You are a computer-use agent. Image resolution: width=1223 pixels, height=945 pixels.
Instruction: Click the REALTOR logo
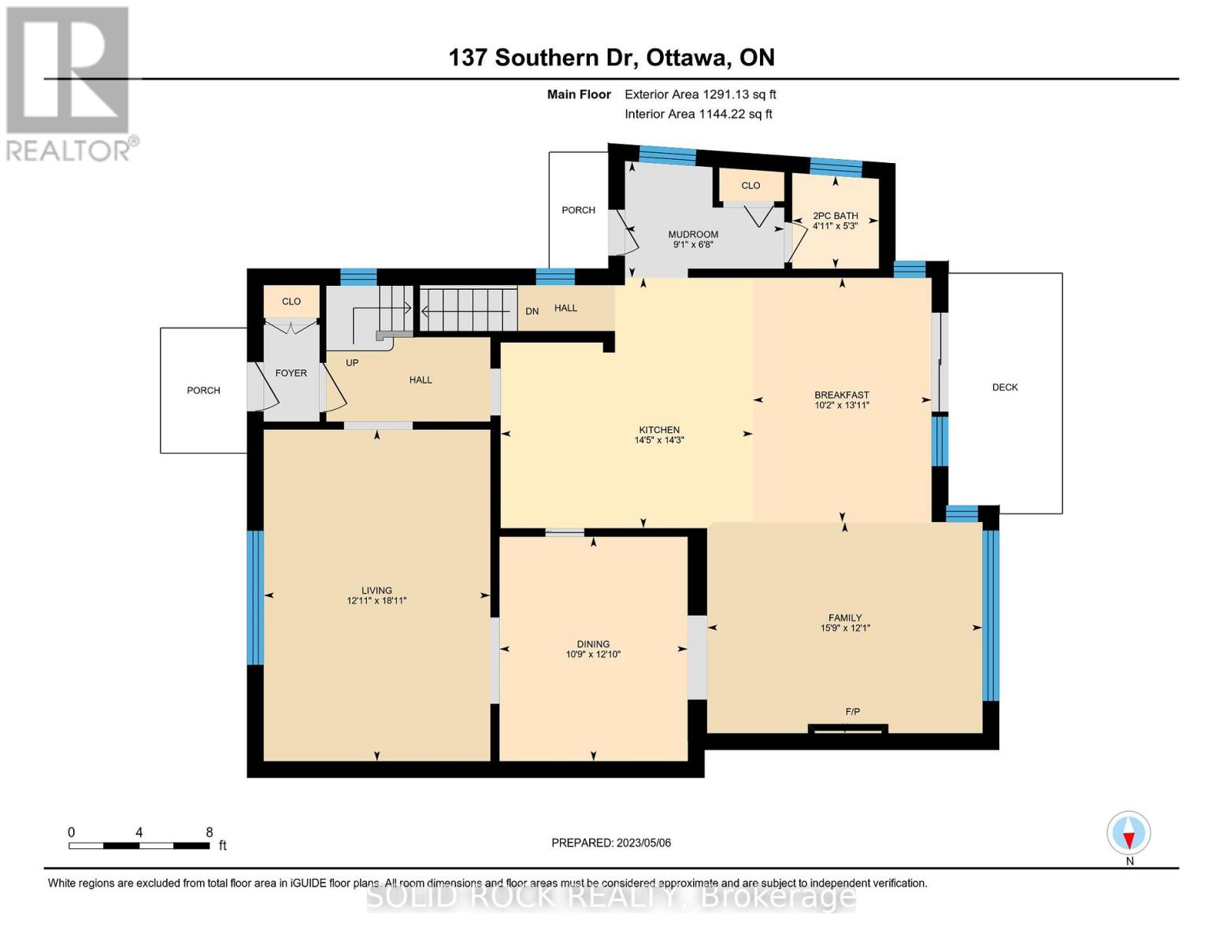coord(69,83)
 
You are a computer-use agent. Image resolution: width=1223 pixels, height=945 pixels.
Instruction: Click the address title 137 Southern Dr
coord(611,57)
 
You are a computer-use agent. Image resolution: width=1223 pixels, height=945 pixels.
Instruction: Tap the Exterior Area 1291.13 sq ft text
coord(700,94)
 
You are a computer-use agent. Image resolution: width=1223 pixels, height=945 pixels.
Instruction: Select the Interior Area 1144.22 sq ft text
coord(698,114)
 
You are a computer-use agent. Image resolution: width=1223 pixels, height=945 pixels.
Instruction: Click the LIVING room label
coord(376,591)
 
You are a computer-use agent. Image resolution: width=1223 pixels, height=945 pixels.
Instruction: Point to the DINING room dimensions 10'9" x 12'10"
coord(593,654)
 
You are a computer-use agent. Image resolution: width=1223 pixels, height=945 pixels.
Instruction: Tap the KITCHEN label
coord(659,430)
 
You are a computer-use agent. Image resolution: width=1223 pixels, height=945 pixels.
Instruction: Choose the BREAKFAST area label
coord(842,395)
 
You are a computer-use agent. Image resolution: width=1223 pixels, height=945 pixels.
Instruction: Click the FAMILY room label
coord(845,618)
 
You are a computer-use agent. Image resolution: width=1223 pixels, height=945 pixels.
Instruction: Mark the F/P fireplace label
coord(852,712)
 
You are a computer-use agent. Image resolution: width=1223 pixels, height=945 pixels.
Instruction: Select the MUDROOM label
coord(693,235)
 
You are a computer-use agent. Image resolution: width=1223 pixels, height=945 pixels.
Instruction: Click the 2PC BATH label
coord(836,216)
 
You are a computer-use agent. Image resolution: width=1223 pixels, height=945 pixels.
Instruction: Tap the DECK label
coord(1005,387)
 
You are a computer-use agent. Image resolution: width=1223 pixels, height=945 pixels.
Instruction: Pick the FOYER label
coord(291,373)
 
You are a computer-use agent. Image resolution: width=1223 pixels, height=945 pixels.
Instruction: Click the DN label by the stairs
coord(532,311)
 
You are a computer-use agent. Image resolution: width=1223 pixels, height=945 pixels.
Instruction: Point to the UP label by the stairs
coord(352,363)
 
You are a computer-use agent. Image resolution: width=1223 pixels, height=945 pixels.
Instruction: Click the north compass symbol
coord(1128,833)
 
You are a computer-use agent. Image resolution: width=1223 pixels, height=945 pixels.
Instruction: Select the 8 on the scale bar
coord(209,832)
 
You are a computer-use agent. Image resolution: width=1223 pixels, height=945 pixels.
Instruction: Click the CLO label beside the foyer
coord(291,302)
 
